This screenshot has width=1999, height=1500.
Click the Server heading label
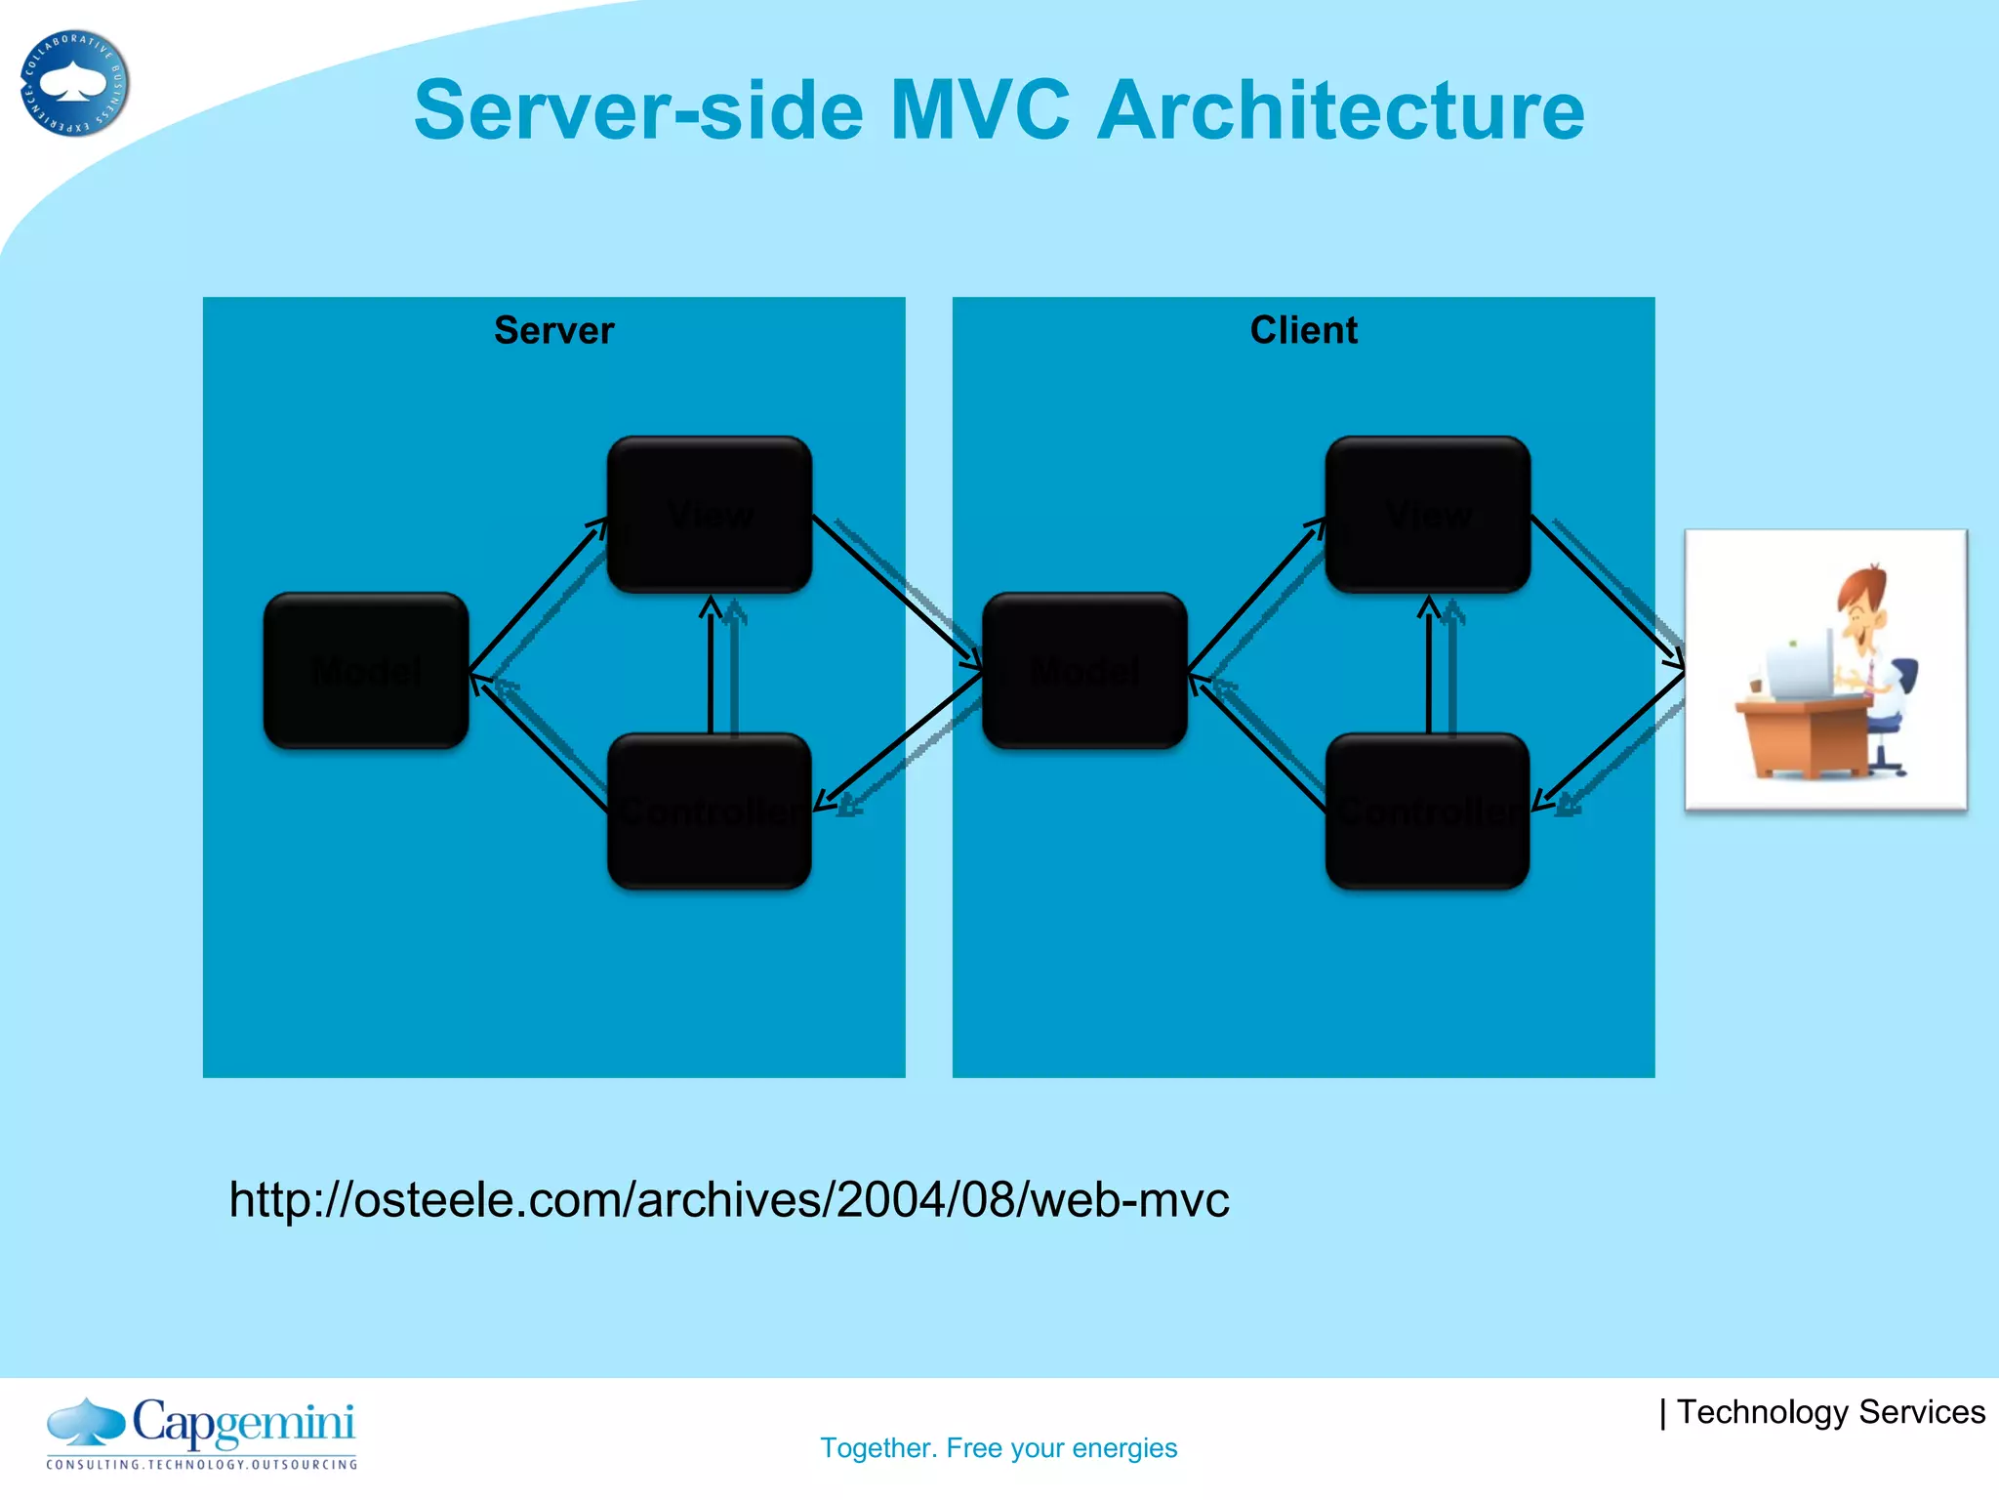coord(553,330)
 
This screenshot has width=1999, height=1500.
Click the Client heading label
coord(1303,330)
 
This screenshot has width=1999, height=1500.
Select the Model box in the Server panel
coord(366,671)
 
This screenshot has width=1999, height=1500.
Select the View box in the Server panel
coord(710,515)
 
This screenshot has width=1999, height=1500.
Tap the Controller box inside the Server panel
coord(710,812)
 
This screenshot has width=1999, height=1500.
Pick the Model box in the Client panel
coord(1084,671)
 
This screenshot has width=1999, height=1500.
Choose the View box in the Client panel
coord(1428,515)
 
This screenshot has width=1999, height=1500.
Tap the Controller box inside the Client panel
coord(1428,812)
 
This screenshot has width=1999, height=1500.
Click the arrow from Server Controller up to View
coord(711,669)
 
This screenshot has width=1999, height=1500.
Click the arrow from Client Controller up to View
coord(1429,669)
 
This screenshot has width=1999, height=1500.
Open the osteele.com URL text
coord(728,1199)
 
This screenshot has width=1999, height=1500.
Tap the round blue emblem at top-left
coord(74,83)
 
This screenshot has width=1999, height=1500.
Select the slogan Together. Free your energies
coord(999,1447)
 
